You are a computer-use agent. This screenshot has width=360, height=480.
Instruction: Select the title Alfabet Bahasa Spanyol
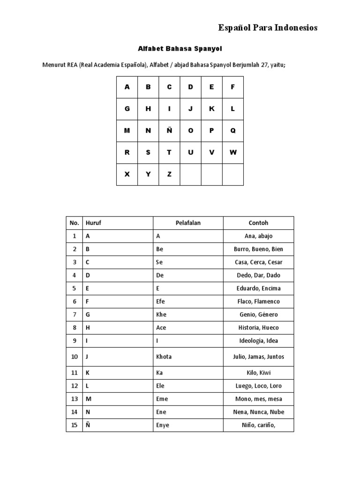180,49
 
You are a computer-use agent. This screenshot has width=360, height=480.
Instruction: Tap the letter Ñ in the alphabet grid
169,131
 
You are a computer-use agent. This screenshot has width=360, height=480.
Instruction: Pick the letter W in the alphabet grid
233,152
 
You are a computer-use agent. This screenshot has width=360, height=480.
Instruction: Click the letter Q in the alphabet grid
233,131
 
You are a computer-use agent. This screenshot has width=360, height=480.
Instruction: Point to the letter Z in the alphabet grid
169,174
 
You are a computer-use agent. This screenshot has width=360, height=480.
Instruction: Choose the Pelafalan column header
188,223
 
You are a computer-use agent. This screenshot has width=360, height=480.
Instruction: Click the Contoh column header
258,223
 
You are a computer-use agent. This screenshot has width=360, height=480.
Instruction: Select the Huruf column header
93,223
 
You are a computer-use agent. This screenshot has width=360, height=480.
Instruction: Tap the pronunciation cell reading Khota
164,357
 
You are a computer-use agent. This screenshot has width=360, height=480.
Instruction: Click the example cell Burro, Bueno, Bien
258,249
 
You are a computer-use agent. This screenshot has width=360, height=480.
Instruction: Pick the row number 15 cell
74,425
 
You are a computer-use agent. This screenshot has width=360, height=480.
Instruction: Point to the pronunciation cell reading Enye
163,425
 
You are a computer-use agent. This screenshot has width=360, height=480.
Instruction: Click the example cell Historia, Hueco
258,328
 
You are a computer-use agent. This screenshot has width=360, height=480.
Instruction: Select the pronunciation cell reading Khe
161,315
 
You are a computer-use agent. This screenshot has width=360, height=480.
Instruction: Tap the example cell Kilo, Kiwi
258,373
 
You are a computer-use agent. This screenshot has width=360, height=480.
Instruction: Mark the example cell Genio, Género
258,315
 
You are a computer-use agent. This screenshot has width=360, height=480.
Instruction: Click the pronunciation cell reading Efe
161,301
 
